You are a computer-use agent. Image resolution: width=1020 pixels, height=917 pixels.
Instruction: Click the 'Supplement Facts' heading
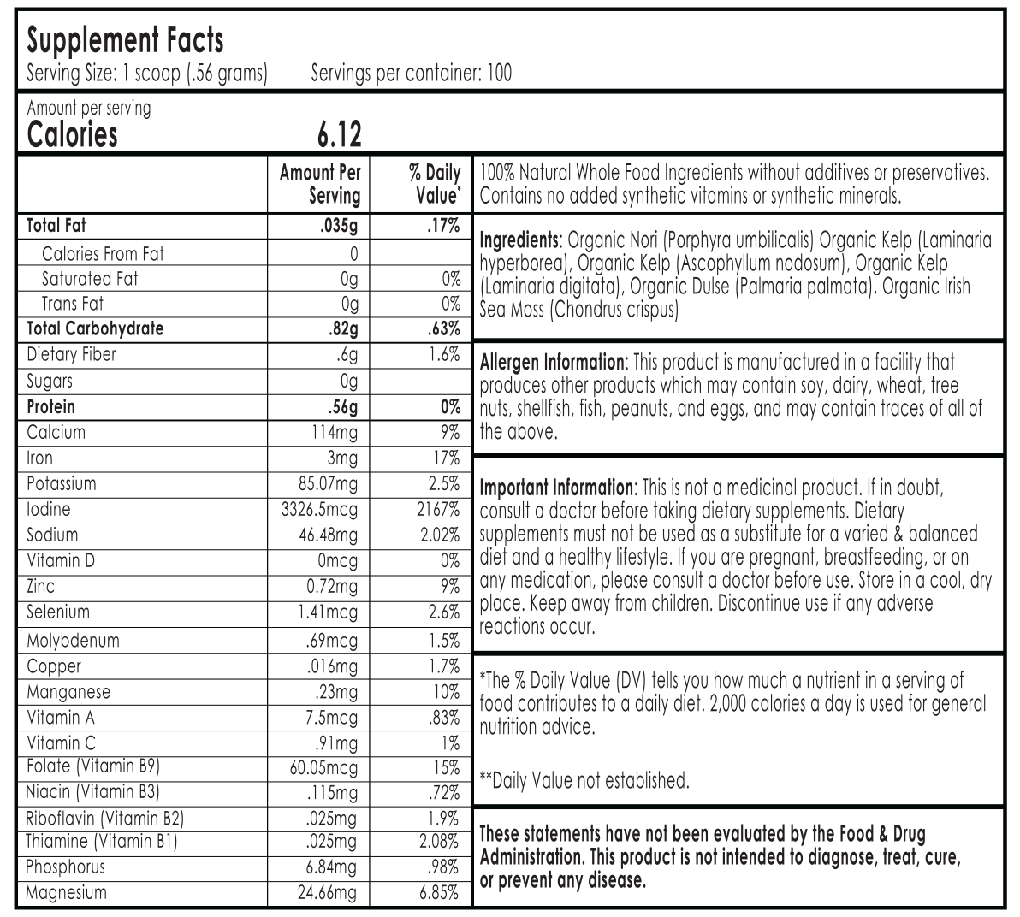[x=125, y=40]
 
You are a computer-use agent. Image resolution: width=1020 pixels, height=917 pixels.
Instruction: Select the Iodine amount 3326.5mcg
[x=319, y=510]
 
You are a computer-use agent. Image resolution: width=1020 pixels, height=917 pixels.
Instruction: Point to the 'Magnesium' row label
[x=67, y=893]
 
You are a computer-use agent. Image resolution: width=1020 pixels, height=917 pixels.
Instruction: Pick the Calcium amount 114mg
[x=335, y=433]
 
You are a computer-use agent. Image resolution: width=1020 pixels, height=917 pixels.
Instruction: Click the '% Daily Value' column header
[x=434, y=184]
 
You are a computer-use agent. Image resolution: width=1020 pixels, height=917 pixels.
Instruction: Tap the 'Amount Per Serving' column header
[x=321, y=184]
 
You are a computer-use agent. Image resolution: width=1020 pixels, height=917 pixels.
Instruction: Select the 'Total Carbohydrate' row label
[x=95, y=329]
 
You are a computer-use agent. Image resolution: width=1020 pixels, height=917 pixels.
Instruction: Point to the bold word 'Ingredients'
[x=519, y=240]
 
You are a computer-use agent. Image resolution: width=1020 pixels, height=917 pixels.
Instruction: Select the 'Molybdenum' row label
[x=73, y=641]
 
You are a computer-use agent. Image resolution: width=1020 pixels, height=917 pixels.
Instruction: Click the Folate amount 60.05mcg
[x=323, y=768]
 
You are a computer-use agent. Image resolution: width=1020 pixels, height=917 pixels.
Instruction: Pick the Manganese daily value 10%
[x=445, y=692]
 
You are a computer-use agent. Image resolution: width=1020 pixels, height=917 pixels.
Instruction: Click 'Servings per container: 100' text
[x=411, y=74]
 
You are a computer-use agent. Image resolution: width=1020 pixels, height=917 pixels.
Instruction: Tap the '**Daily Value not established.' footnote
[x=584, y=780]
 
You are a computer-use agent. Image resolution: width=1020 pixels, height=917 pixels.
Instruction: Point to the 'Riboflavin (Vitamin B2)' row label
[x=105, y=819]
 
